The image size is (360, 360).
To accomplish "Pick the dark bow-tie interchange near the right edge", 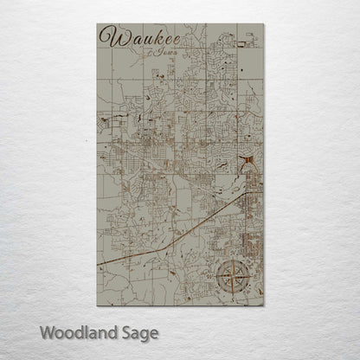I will pyautogui.click(x=248, y=161).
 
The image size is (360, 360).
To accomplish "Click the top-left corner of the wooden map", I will pyautogui.click(x=98, y=24).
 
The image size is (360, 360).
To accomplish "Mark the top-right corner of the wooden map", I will pyautogui.click(x=264, y=24).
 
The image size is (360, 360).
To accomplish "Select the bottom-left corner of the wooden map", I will pyautogui.click(x=98, y=305).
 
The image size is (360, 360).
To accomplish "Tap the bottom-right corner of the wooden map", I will pyautogui.click(x=264, y=305).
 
